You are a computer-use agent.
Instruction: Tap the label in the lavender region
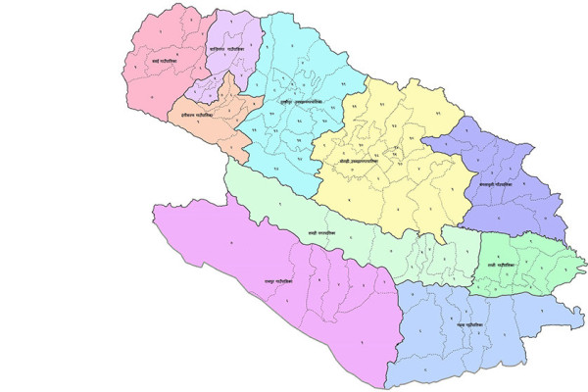[x=230, y=48]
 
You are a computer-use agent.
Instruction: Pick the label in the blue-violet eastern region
[x=498, y=183]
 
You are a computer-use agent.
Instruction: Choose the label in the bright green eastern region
[x=513, y=265]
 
